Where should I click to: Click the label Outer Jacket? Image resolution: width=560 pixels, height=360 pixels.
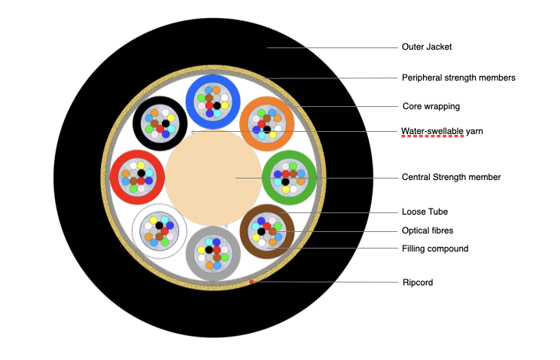coord(425,47)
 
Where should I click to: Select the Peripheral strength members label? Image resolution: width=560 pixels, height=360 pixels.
coord(458,78)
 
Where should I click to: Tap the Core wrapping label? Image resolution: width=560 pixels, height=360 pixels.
coord(431,106)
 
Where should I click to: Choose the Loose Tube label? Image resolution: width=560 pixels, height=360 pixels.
coord(425,212)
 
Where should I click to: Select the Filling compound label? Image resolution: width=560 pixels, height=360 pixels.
coord(435,249)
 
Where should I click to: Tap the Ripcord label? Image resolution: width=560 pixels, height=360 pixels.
coord(418,282)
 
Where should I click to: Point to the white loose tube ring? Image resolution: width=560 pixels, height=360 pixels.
coord(138,230)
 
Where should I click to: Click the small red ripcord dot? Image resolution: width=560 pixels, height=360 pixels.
coord(251,282)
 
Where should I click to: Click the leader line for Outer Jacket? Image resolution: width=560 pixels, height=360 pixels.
coord(331,48)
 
